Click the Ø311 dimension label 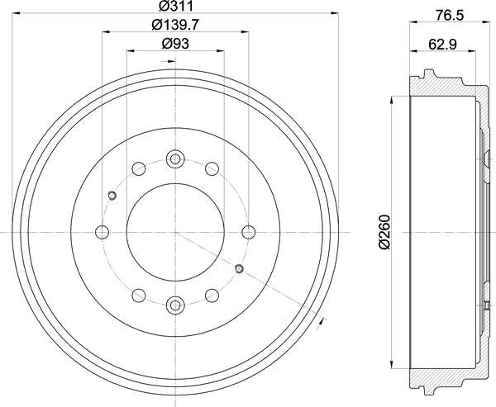(174, 7)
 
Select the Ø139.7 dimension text (174, 25)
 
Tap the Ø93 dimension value (174, 43)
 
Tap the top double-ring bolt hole (174, 159)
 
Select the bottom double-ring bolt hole (174, 305)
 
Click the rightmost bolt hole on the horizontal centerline (247, 232)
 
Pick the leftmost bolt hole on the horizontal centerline (102, 232)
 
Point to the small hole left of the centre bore (112, 196)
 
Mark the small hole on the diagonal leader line (238, 268)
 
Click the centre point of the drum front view (174, 232)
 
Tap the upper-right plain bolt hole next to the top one (211, 169)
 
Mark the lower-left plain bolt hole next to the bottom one (138, 295)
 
